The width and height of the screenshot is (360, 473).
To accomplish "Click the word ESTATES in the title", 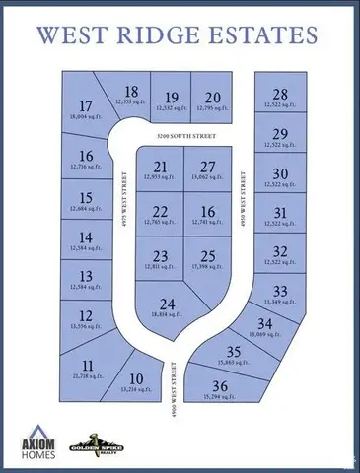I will (262, 35).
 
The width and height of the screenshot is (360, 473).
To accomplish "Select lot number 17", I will (85, 109).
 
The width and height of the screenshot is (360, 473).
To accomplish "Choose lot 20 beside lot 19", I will (212, 100).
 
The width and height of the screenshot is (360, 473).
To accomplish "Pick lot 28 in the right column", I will (279, 97).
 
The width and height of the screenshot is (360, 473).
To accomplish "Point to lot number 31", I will (279, 216).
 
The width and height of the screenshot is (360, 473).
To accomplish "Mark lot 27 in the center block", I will (206, 169).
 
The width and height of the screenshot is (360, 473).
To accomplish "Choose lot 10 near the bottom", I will (136, 382).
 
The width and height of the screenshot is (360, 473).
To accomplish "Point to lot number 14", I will (86, 240).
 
